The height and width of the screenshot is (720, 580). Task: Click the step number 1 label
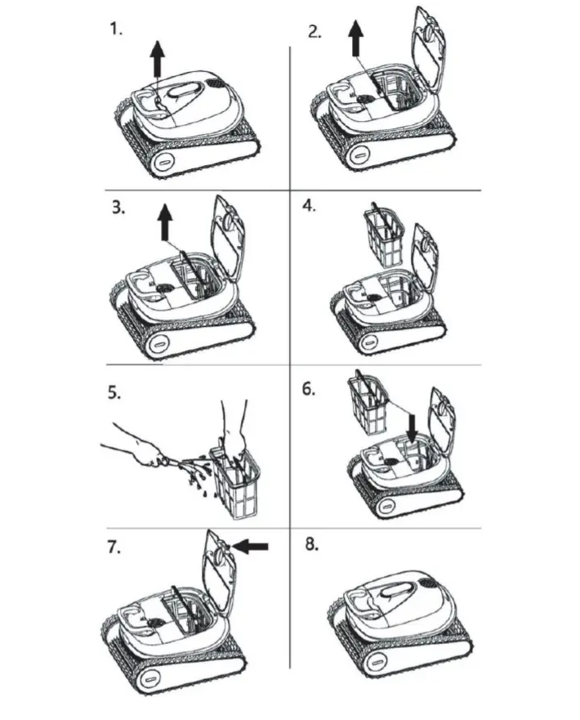[116, 29]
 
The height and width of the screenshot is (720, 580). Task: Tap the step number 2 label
[315, 32]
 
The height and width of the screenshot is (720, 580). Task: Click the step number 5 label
[114, 393]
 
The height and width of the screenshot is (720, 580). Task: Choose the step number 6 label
[309, 389]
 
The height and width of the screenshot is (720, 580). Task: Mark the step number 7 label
[114, 547]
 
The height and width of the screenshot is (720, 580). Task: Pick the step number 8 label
[312, 544]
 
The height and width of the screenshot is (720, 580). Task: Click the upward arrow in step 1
[158, 59]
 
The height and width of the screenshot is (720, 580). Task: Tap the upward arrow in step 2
[355, 39]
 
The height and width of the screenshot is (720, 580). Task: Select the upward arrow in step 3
[165, 222]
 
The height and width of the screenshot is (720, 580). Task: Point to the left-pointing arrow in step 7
[251, 545]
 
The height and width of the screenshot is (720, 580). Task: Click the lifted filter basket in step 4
[384, 237]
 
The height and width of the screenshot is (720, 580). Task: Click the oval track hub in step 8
[374, 663]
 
